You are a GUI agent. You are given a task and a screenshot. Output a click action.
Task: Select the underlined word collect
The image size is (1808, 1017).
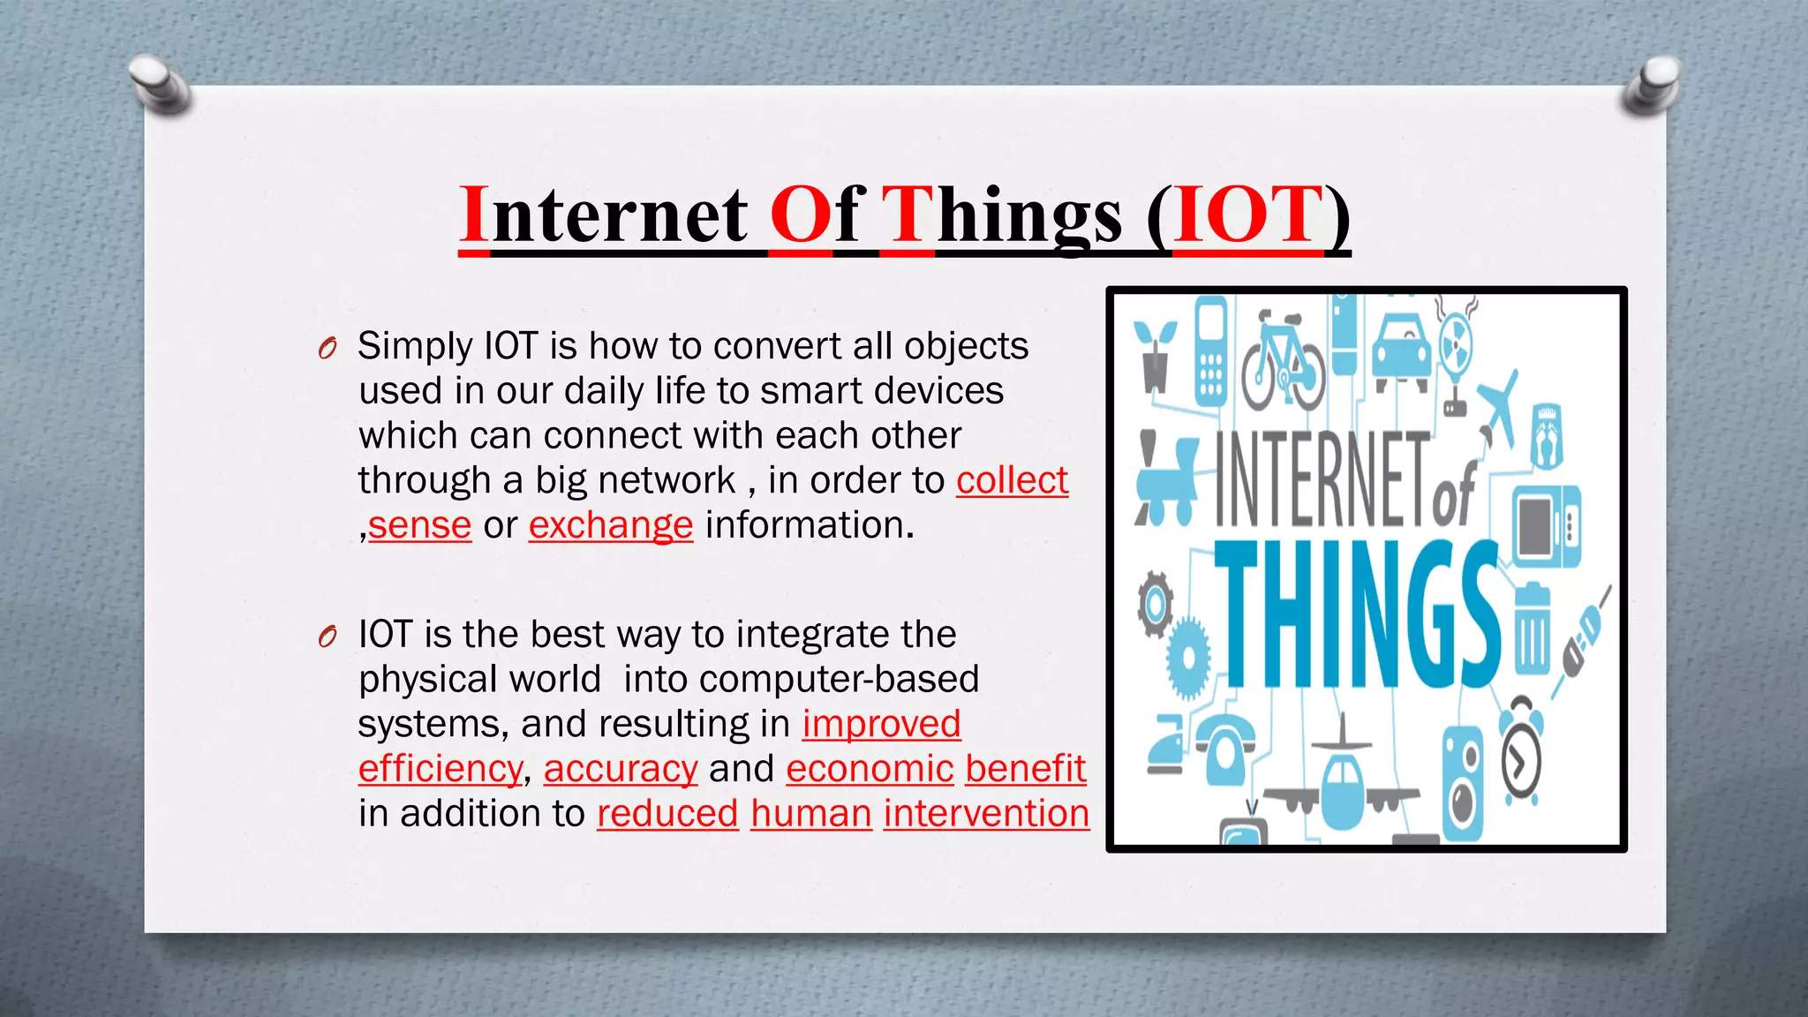[1012, 481]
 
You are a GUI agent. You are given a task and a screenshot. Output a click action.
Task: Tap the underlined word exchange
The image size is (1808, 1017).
[611, 526]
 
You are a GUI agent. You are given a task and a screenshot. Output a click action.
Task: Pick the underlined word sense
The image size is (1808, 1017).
[420, 526]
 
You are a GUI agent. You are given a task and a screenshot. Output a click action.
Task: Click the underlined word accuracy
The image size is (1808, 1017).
[621, 769]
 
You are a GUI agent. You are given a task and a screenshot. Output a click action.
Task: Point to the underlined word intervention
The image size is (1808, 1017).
[986, 814]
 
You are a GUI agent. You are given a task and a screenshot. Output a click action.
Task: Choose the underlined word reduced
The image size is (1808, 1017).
[667, 814]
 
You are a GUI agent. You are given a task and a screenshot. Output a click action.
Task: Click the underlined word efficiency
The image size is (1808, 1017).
[441, 769]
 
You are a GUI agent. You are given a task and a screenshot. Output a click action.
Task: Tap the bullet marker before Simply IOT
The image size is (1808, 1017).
[328, 349]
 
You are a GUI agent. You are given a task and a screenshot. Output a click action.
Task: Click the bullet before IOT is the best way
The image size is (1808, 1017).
[328, 637]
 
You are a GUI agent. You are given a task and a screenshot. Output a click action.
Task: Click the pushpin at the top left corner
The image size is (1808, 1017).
[159, 84]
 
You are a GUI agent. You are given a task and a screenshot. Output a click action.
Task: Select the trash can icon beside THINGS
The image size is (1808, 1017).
[1533, 627]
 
